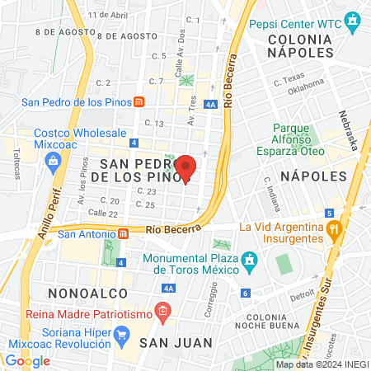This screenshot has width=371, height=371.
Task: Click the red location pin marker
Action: coord(186,167)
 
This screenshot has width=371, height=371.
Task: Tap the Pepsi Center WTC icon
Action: coord(354,20)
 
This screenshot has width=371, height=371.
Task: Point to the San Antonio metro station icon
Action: coord(122,232)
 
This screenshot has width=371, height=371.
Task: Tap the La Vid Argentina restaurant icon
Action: coord(333,228)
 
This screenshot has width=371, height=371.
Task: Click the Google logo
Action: coord(27,360)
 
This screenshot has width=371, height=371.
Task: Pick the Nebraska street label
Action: coord(348,130)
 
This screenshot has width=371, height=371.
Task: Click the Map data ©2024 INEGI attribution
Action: coord(322,364)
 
